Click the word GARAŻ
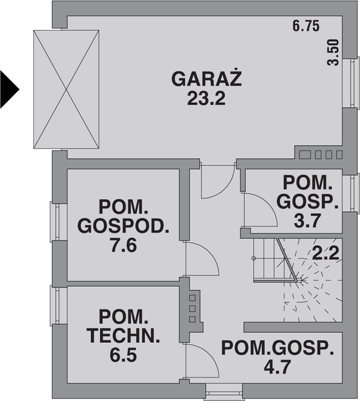(206, 80)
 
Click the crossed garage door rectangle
(67, 89)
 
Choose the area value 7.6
(123, 245)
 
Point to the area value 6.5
(124, 355)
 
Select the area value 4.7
(277, 366)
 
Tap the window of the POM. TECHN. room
(58, 306)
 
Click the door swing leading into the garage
(216, 180)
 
